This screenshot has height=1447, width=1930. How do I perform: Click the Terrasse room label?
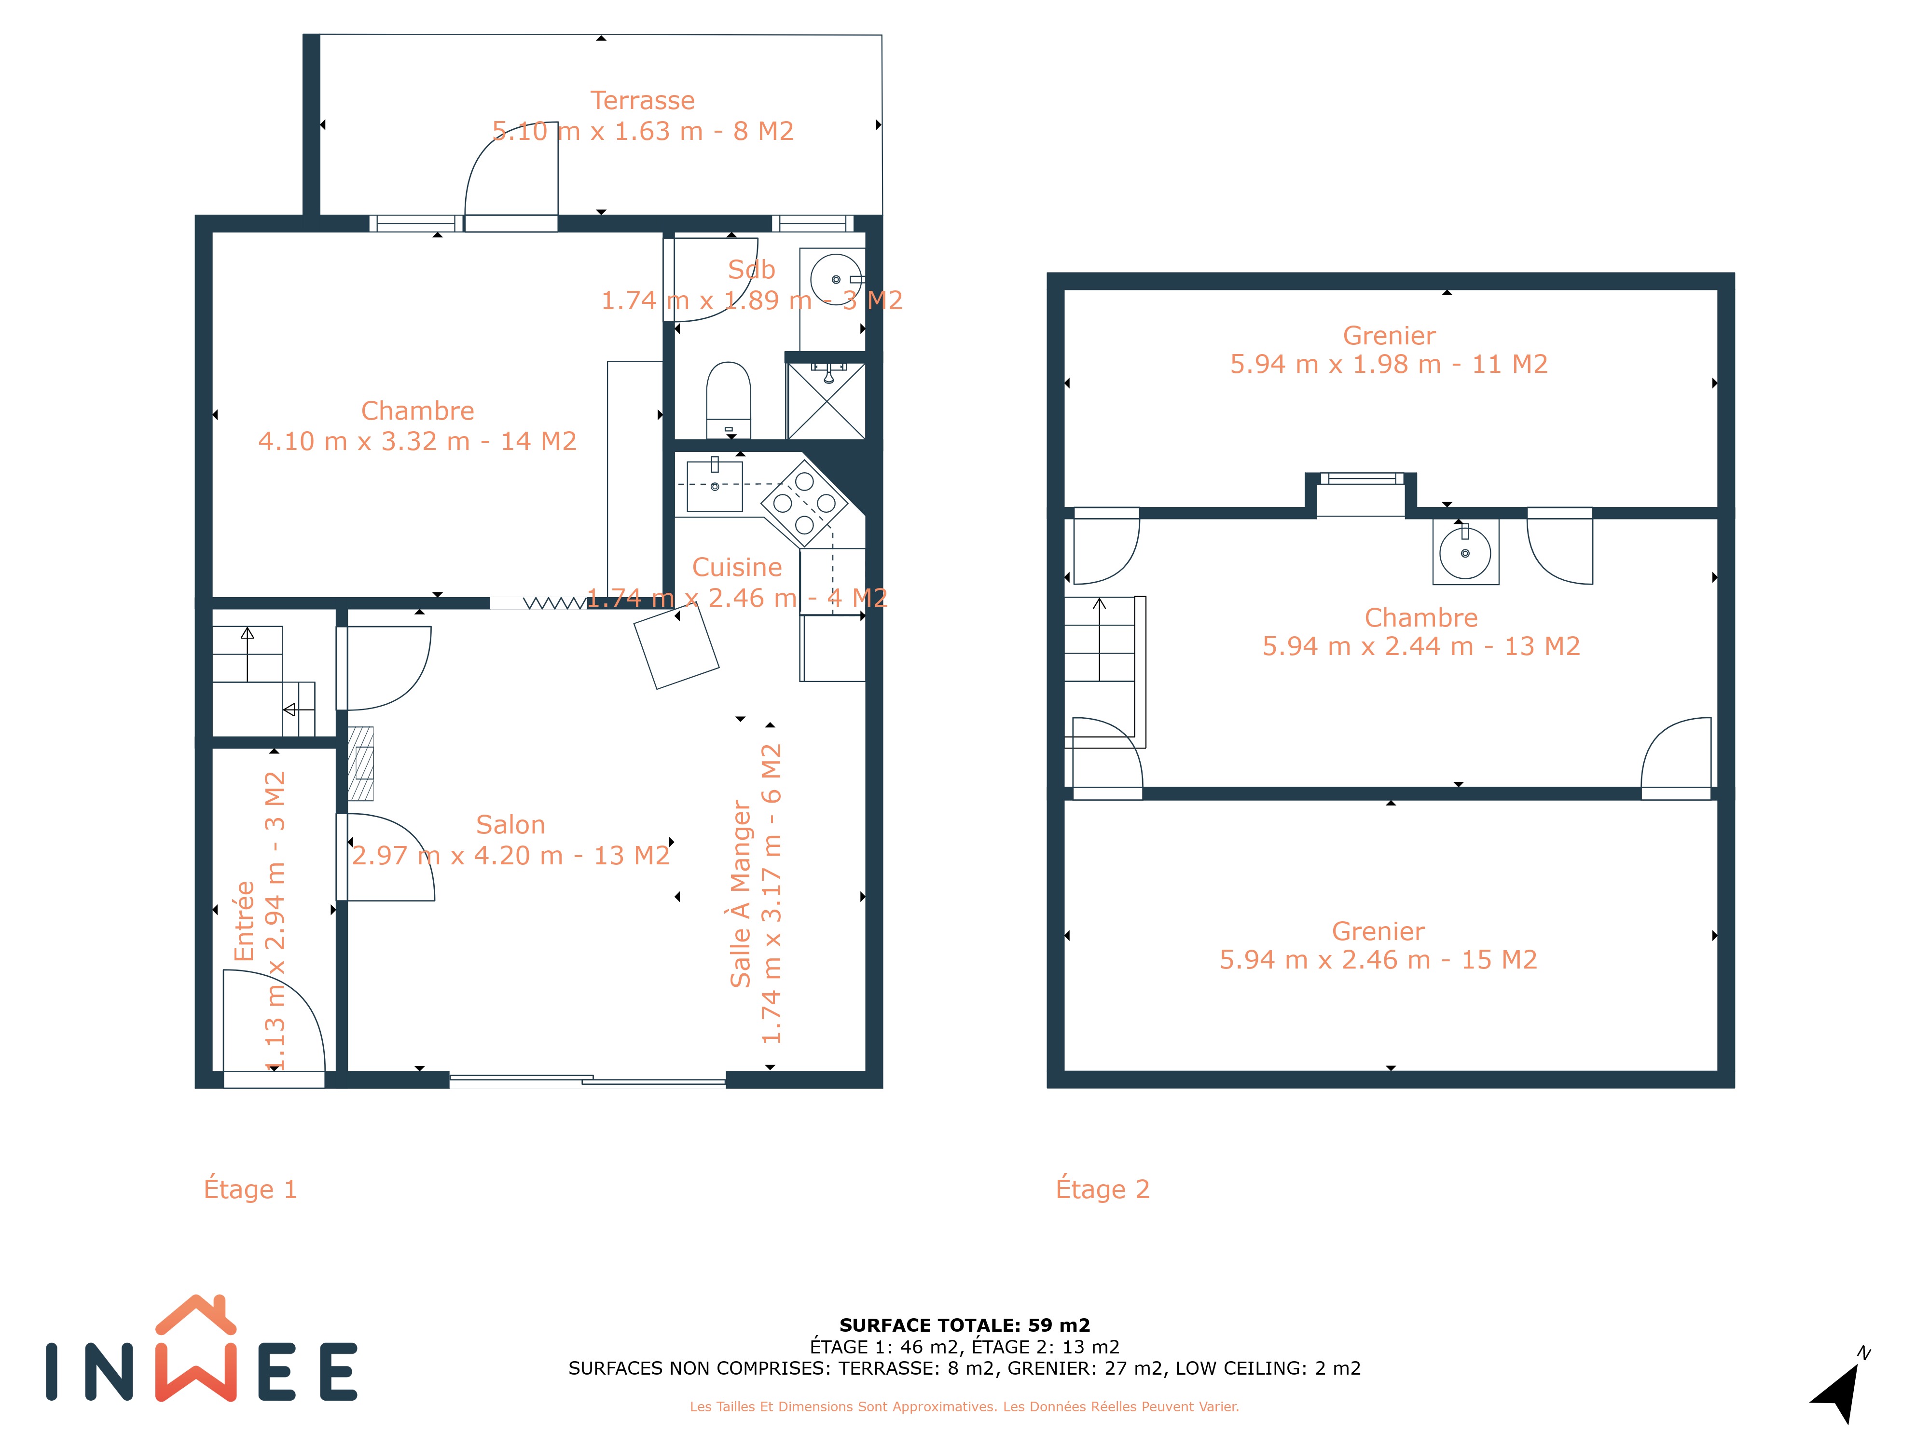643,100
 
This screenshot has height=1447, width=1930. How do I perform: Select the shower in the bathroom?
826,400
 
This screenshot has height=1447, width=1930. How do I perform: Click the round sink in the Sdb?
835,279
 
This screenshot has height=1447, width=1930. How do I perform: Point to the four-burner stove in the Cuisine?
804,503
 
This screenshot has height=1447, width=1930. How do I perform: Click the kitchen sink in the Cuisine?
715,485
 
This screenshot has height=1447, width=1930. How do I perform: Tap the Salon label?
510,825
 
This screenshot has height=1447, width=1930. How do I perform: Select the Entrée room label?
244,921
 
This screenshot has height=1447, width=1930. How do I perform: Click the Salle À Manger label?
741,894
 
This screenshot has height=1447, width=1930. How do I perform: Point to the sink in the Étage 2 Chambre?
1466,552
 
